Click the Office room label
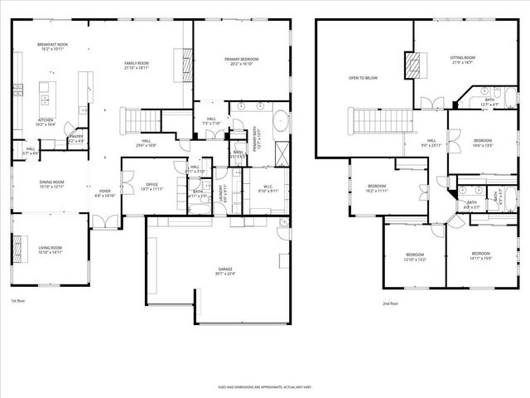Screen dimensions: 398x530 [x=151, y=187]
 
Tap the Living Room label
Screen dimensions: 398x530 [x=51, y=250]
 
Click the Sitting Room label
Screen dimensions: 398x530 [x=461, y=60]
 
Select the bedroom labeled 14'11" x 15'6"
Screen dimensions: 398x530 [x=481, y=255]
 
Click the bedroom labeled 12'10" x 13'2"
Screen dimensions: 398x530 [x=415, y=256]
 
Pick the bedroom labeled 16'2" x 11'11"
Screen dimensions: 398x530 [x=376, y=188]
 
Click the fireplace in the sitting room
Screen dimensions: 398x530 [x=412, y=65]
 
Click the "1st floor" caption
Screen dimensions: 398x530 [x=18, y=301]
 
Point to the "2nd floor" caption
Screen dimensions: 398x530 [x=391, y=304]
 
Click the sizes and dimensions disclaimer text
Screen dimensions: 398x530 [x=264, y=386]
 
